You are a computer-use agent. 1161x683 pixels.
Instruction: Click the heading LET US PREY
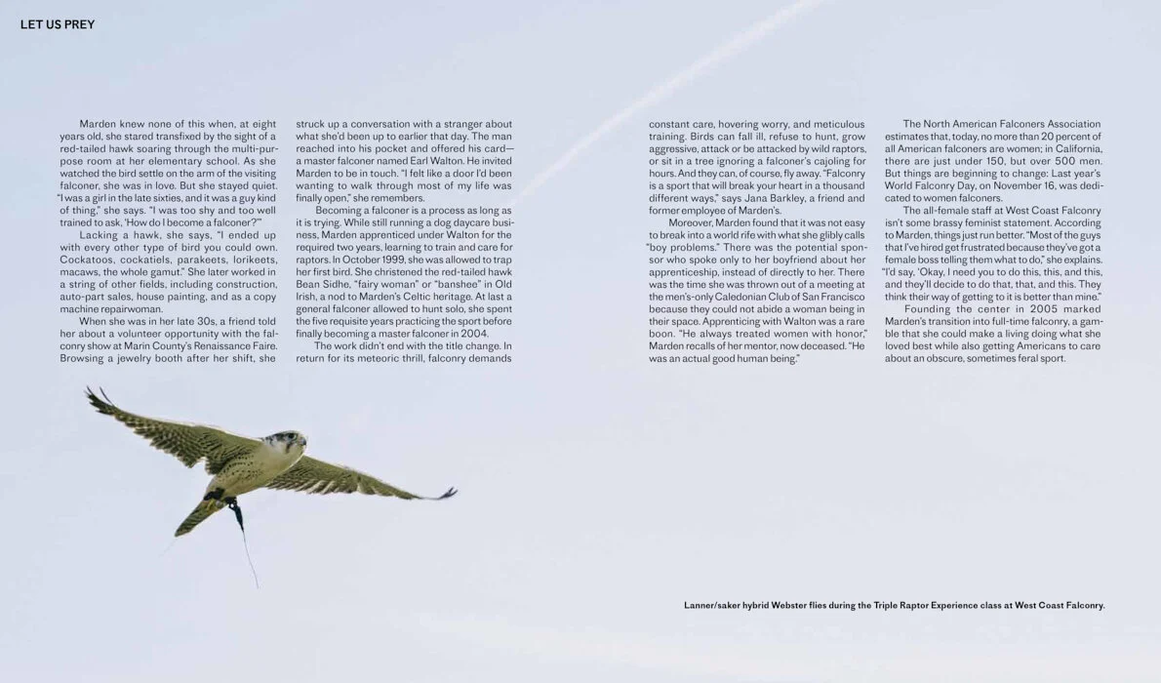[58, 24]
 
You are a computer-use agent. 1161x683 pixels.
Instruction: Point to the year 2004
[474, 334]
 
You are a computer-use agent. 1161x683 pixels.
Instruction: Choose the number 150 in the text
[990, 161]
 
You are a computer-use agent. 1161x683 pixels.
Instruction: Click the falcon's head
[289, 441]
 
